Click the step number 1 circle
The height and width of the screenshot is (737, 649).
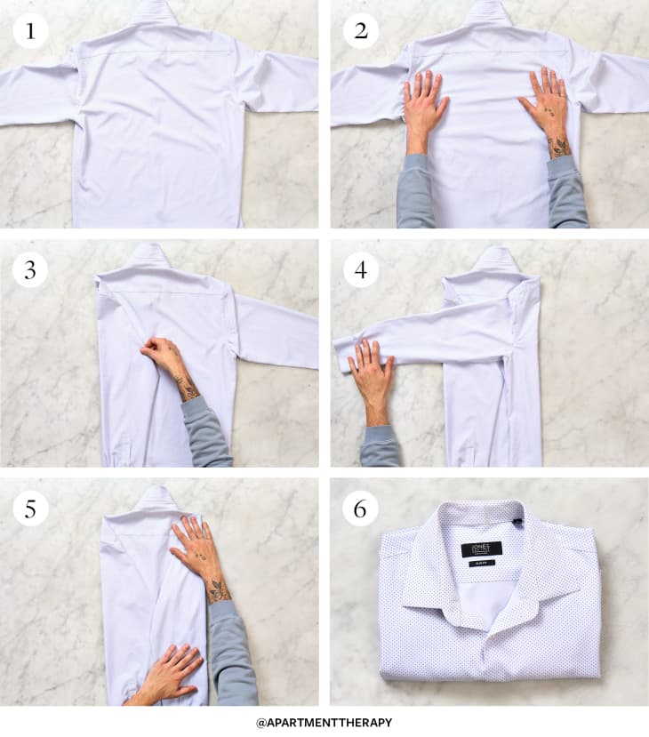[30, 31]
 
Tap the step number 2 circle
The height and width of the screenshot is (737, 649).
[361, 31]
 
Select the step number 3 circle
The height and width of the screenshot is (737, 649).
[30, 269]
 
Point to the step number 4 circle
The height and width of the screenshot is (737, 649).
[361, 269]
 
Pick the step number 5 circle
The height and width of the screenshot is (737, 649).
[30, 509]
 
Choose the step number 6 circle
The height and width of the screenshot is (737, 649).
[361, 509]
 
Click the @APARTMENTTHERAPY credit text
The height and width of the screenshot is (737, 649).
[324, 722]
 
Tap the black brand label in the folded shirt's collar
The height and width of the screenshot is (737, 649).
[481, 549]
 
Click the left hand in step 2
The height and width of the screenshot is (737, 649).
[425, 107]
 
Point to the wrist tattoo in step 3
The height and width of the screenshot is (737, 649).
[188, 387]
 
